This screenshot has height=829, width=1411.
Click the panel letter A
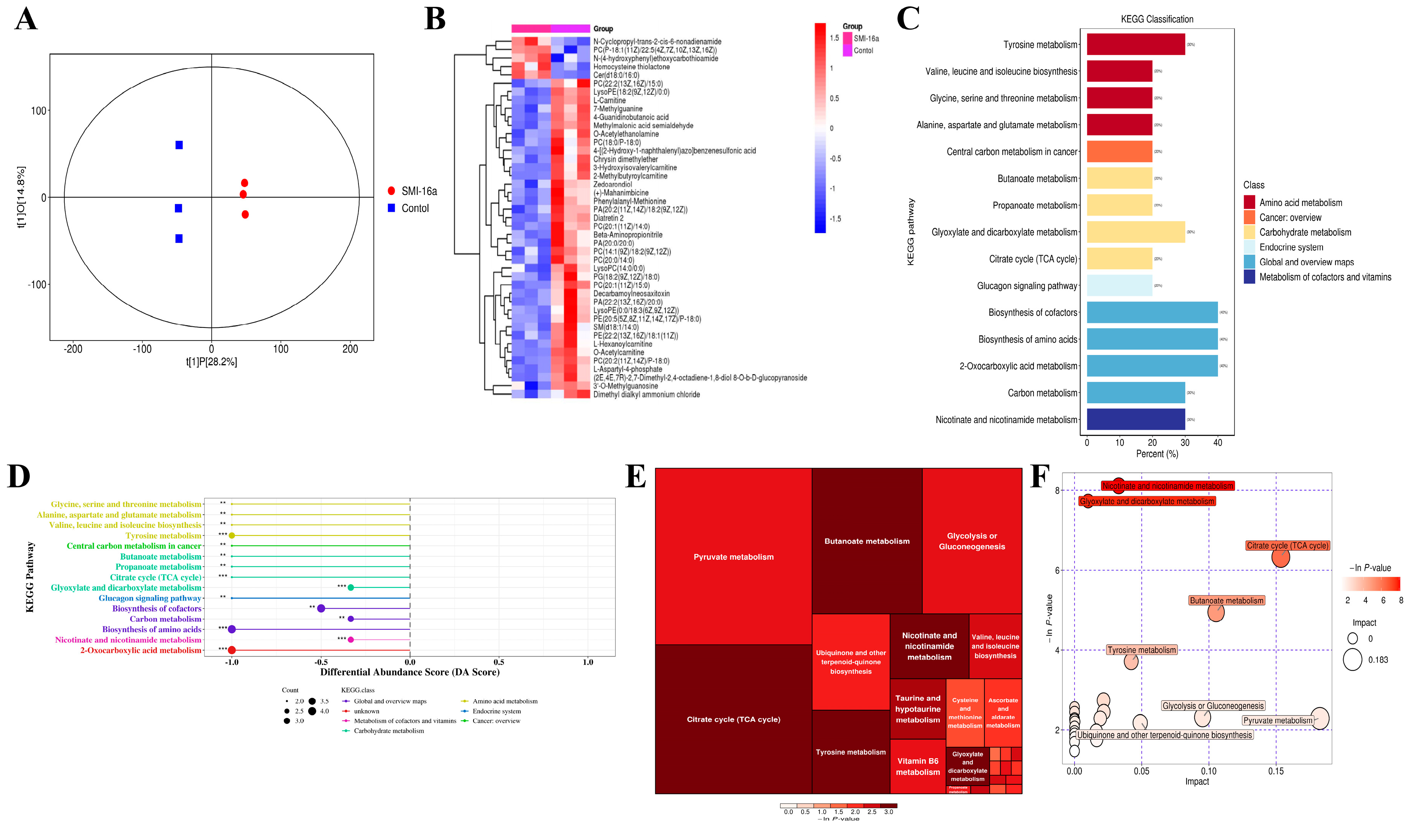pyautogui.click(x=26, y=19)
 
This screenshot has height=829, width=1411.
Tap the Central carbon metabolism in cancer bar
pyautogui.click(x=1119, y=152)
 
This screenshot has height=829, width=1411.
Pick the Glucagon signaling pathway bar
pyautogui.click(x=1119, y=286)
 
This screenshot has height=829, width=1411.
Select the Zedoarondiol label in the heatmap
pyautogui.click(x=612, y=184)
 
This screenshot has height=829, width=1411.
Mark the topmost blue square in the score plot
pyautogui.click(x=179, y=145)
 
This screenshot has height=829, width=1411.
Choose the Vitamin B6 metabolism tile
pyautogui.click(x=917, y=766)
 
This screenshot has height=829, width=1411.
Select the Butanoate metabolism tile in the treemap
pyautogui.click(x=866, y=541)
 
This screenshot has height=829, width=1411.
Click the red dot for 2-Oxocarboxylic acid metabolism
pyautogui.click(x=232, y=650)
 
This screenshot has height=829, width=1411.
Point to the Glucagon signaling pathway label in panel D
pyautogui.click(x=149, y=598)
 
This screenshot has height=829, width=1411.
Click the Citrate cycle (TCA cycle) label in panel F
pyautogui.click(x=1287, y=546)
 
